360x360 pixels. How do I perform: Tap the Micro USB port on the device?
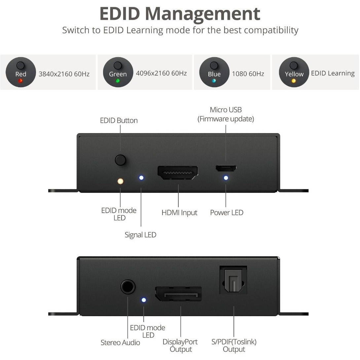226,168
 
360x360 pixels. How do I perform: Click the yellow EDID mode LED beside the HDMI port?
121,181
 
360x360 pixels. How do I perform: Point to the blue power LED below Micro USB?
226,178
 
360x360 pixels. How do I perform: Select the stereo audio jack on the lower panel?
128,287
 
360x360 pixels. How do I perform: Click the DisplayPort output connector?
178,294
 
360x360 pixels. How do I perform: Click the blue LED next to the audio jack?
144,300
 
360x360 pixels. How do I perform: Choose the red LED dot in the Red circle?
20,81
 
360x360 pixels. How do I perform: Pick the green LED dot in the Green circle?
118,81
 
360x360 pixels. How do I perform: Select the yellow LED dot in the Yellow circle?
294,81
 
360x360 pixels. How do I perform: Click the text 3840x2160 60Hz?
64,74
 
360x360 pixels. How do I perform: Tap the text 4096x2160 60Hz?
162,73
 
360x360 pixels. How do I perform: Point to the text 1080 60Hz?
248,74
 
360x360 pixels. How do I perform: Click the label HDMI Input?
179,213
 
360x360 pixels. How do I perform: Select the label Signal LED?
140,235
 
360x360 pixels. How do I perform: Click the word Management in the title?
202,14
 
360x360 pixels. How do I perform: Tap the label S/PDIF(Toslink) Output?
234,345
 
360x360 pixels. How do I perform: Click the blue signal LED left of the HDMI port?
141,178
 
